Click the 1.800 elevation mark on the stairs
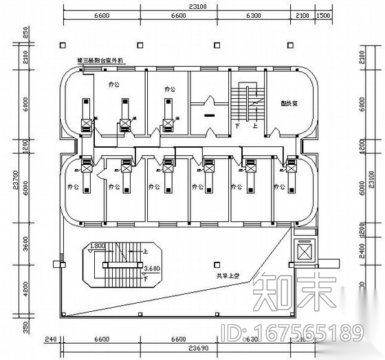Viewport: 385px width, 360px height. [x=98, y=246]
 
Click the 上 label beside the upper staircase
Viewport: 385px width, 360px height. [x=255, y=126]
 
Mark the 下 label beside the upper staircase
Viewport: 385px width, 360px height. [x=238, y=126]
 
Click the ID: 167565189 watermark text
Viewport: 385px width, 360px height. [x=294, y=335]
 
